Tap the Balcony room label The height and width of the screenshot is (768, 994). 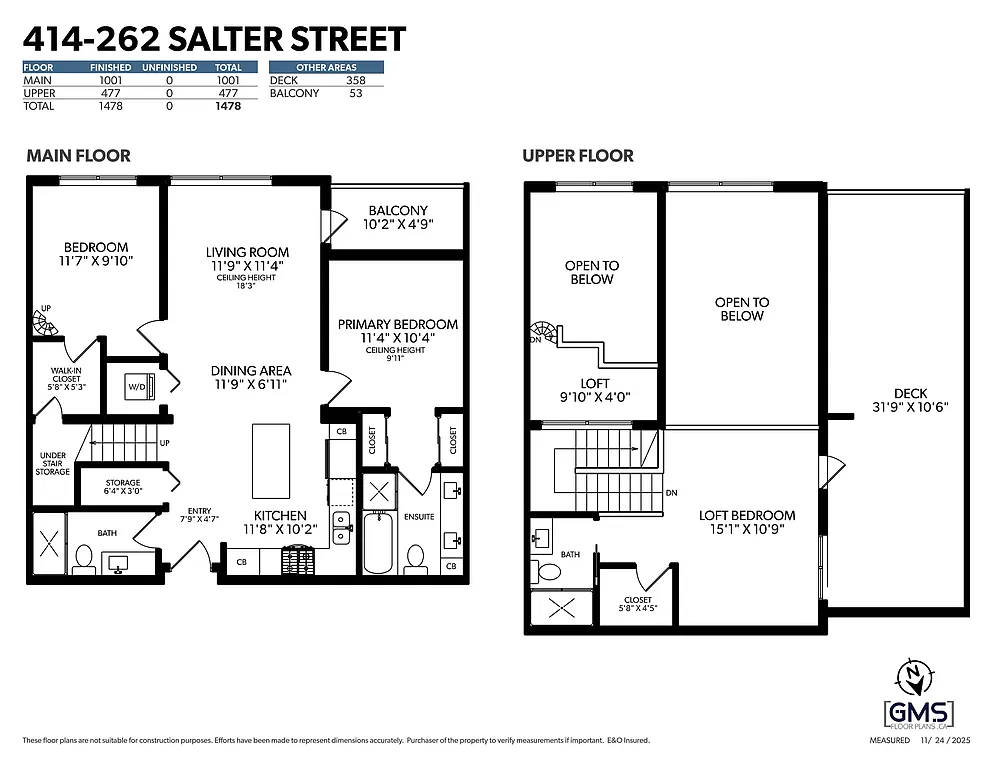tap(397, 217)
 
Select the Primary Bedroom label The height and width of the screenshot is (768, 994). tap(397, 331)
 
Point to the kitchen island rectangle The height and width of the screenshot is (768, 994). tap(270, 460)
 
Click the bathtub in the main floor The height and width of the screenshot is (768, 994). tap(377, 542)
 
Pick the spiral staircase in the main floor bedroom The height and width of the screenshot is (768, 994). tap(45, 322)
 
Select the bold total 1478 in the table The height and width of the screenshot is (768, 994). tap(228, 106)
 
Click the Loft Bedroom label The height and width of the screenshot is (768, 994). tap(747, 522)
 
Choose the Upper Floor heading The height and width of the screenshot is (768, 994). tap(577, 156)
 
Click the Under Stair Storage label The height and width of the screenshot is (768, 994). tap(53, 464)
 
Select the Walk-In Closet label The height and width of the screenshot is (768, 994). tap(66, 378)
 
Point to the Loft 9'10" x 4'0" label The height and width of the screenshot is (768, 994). tap(594, 390)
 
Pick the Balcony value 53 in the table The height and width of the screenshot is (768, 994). tap(355, 93)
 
